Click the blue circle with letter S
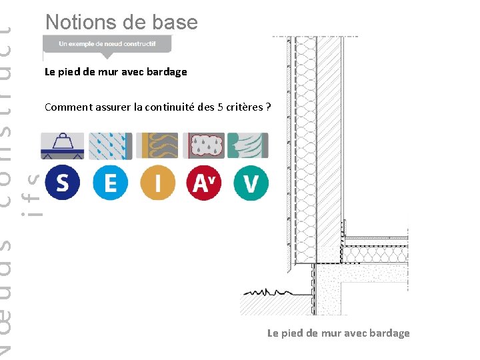(62, 182)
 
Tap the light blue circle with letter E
(110, 182)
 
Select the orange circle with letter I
(157, 182)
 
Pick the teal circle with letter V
(251, 182)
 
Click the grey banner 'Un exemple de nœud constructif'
(107, 44)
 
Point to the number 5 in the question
(221, 107)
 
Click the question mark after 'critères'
(268, 107)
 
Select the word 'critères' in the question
(245, 107)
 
